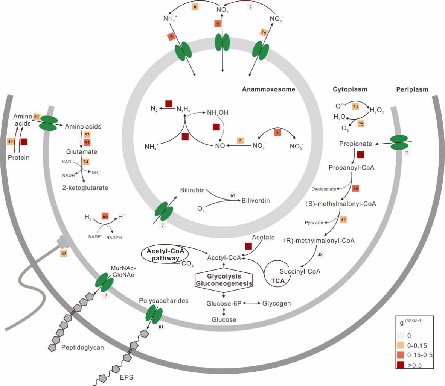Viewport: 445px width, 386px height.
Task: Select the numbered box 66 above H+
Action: click(x=105, y=217)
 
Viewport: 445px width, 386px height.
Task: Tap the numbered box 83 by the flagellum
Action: click(x=64, y=254)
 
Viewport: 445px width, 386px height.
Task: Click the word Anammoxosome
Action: click(x=268, y=89)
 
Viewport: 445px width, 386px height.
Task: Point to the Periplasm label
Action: click(x=412, y=89)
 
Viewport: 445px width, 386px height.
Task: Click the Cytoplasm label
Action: click(x=350, y=89)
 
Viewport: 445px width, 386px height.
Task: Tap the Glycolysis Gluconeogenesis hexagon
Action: click(x=224, y=280)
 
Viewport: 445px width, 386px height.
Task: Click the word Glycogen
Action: click(x=276, y=303)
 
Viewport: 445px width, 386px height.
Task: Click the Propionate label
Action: click(x=355, y=144)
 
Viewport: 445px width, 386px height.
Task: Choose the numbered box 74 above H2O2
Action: click(x=355, y=106)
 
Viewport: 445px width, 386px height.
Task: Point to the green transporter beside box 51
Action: click(x=48, y=123)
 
